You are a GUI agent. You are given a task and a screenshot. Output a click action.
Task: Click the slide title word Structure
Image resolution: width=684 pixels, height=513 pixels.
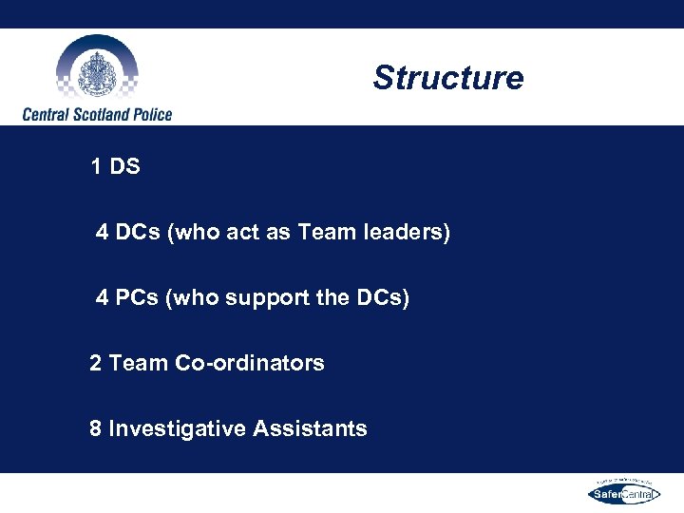[x=447, y=78]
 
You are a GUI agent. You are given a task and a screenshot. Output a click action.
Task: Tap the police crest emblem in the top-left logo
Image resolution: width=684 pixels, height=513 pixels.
[x=96, y=70]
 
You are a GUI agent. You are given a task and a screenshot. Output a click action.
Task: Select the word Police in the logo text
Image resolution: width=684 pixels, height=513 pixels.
[x=147, y=115]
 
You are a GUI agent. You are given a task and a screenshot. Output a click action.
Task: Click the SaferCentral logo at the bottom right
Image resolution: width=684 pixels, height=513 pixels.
[x=623, y=492]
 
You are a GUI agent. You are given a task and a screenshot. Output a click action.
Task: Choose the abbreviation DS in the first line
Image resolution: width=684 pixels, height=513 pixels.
[x=124, y=167]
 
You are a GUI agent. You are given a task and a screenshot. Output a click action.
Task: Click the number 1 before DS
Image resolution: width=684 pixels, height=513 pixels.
[x=96, y=167]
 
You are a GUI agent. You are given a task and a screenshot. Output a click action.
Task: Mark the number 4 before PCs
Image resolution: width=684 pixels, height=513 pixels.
[x=103, y=298]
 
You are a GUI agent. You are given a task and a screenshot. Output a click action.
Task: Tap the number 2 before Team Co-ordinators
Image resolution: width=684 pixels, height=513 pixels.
[x=96, y=363]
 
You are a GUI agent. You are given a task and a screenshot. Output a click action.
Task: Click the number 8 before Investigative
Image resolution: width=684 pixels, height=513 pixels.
[x=96, y=428]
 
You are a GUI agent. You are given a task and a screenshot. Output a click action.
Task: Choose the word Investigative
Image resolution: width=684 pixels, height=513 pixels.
[x=178, y=428]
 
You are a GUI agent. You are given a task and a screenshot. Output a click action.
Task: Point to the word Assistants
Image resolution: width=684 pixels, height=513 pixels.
[x=310, y=428]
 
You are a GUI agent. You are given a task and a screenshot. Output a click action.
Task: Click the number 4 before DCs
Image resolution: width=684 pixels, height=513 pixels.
[x=103, y=233]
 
